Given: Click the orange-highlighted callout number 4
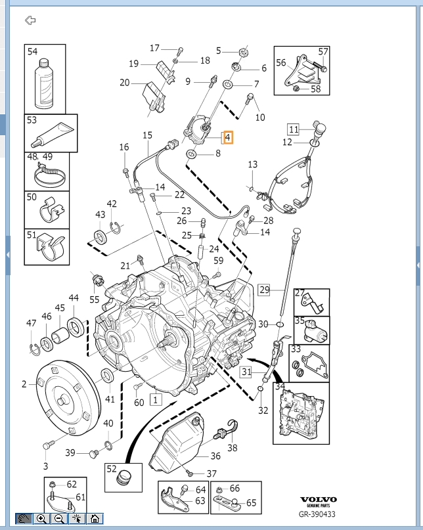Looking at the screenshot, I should pos(227,138).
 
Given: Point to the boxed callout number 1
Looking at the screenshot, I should pos(155,398).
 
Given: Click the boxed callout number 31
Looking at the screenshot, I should pos(246,373).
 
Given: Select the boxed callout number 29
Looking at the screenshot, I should pos(264,289).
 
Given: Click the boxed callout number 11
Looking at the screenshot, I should pos(293,129).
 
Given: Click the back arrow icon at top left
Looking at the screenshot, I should pos(30,20).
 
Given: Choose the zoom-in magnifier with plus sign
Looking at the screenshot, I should pos(41,519).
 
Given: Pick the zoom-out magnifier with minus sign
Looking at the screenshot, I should pos(59,519).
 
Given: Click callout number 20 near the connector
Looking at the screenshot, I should pos(125,83).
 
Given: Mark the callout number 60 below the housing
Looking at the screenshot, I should pos(139,403).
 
